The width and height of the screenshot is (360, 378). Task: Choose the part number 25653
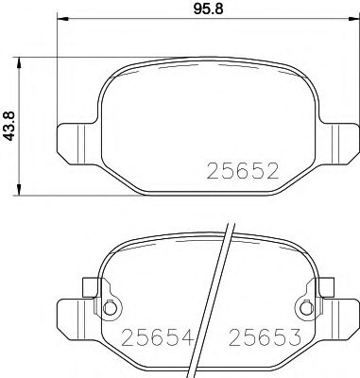[x=270, y=335]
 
